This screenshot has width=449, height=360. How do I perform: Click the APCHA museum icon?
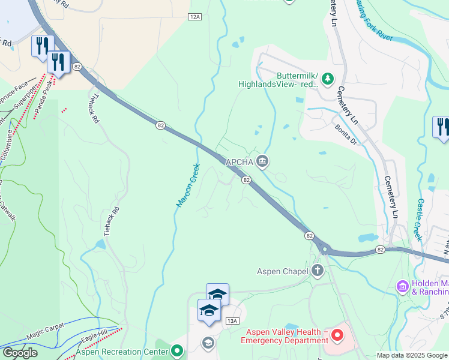(262, 161)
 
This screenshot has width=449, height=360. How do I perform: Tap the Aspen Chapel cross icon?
(317, 271)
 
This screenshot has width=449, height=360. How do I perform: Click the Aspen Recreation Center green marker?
(176, 351)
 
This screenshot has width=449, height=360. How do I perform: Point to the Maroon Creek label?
(187, 186)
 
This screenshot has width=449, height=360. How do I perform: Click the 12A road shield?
(194, 17)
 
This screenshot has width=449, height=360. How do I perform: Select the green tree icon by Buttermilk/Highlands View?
(328, 78)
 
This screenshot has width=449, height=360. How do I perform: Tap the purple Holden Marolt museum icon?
(403, 286)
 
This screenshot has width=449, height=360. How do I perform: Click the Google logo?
(20, 353)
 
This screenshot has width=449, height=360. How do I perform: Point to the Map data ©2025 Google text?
(412, 355)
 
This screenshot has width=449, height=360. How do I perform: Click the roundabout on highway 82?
(325, 247)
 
